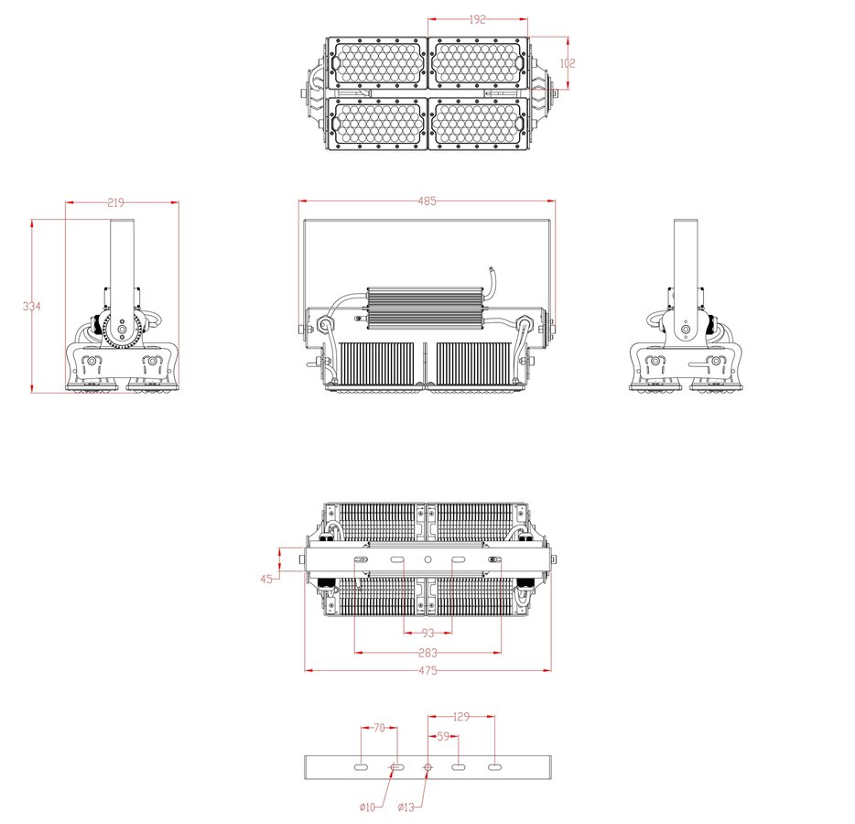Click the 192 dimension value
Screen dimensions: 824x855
point(477,18)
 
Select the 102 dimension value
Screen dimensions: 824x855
point(568,63)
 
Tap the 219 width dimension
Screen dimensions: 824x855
point(115,201)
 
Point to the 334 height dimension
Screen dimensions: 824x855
point(32,306)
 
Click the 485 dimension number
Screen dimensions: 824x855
point(427,201)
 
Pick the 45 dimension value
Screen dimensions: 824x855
point(266,579)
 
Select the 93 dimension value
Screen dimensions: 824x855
point(427,634)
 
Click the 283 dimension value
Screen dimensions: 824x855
point(427,653)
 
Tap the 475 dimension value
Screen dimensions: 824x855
point(427,671)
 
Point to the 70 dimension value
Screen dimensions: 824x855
point(379,728)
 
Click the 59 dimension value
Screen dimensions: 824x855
point(442,735)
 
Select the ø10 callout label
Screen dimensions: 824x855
point(367,807)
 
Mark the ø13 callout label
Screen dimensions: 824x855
point(406,807)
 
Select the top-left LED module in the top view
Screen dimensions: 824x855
point(377,62)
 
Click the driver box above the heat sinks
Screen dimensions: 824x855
point(424,307)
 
